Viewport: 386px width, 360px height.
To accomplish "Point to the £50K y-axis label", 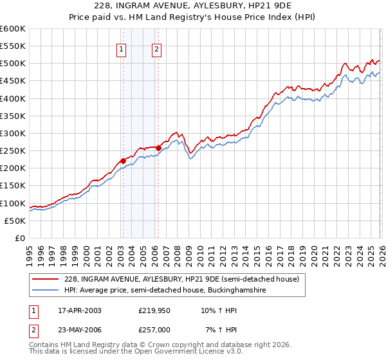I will [15, 221].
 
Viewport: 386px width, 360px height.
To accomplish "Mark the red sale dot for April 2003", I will [123, 161].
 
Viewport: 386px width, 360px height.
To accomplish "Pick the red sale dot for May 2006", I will [158, 148].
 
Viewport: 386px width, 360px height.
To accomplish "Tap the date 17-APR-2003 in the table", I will [76, 310].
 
